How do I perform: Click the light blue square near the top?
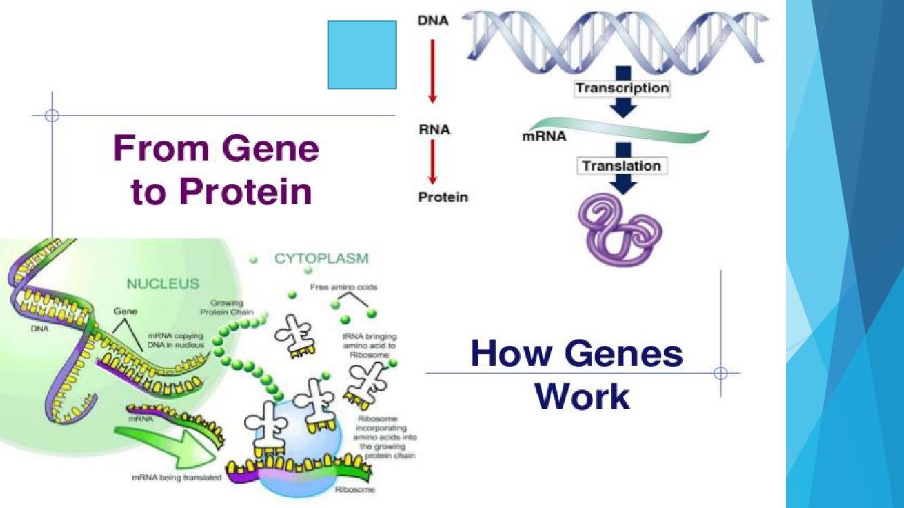tap(362, 55)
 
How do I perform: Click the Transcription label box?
tap(622, 88)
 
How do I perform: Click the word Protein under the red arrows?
tap(443, 198)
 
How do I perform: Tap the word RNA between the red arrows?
tap(434, 129)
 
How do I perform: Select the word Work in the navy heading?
tap(582, 396)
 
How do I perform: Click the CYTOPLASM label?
tap(321, 258)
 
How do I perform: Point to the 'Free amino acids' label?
tap(344, 287)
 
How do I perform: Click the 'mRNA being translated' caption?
tap(176, 478)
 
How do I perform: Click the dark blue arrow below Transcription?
tap(622, 108)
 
